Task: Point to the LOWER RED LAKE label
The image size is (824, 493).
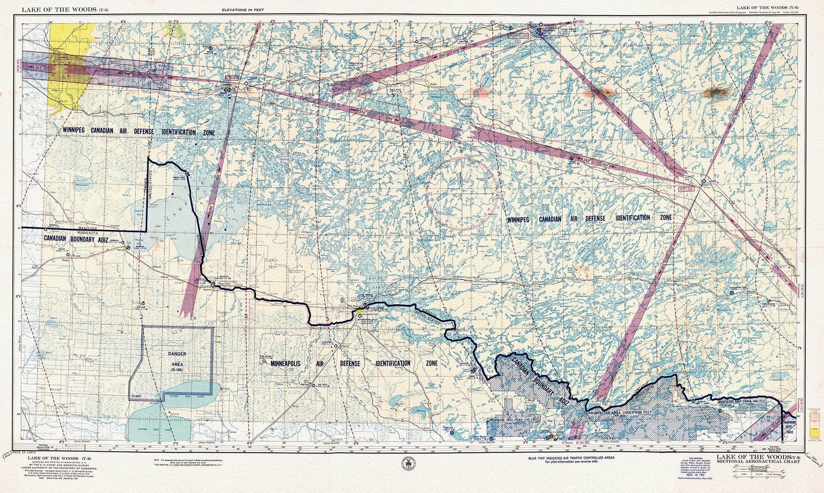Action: click(150, 429)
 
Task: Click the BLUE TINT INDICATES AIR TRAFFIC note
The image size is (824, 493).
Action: click(576, 458)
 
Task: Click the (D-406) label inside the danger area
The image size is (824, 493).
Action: click(136, 396)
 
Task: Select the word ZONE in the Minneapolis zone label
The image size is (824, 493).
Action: click(431, 363)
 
